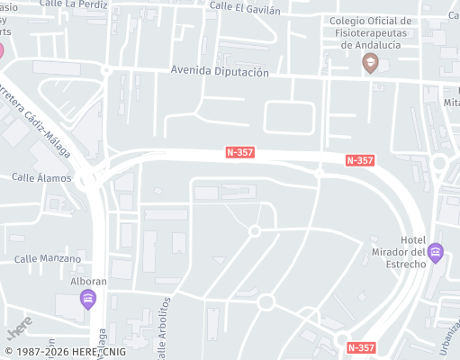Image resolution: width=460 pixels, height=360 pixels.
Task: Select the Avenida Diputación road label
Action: [x=220, y=72]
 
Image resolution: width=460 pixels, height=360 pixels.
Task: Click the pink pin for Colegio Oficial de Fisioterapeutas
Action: [x=369, y=62]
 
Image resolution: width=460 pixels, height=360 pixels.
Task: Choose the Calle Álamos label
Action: [x=41, y=178]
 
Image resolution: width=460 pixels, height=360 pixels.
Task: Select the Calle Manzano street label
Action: [x=48, y=259]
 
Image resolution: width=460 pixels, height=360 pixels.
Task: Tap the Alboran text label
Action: [x=88, y=281]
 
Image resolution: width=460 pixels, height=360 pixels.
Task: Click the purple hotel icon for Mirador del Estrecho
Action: [x=436, y=251]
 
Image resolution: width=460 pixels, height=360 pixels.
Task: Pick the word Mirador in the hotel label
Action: [x=397, y=251]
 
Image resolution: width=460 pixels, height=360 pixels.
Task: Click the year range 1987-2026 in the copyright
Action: [x=41, y=352]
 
